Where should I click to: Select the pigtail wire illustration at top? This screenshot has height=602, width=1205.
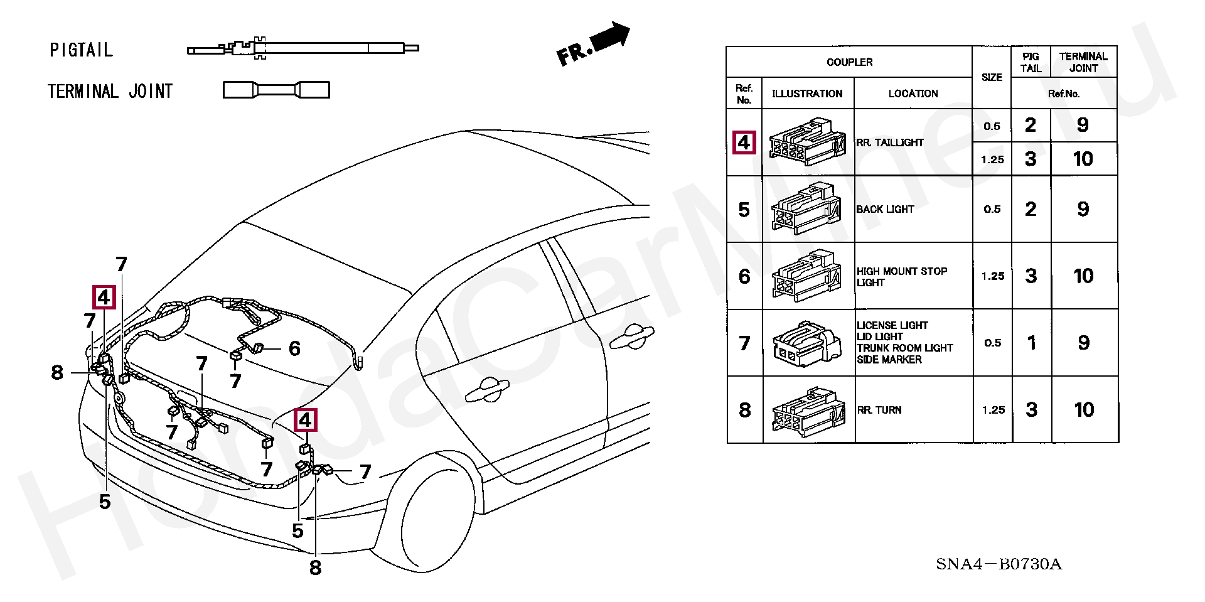(x=303, y=48)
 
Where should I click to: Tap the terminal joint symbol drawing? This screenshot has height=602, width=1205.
(x=276, y=90)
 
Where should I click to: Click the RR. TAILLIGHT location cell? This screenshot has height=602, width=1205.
(x=890, y=142)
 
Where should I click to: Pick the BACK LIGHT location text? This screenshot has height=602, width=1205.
(x=885, y=209)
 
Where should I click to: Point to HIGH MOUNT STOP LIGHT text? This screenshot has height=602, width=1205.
(x=901, y=276)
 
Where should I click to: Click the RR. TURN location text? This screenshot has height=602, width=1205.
(x=879, y=410)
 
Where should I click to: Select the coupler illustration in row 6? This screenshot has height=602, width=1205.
(x=807, y=276)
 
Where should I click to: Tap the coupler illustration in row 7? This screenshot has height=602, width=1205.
(x=807, y=343)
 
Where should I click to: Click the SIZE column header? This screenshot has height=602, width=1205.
(x=992, y=77)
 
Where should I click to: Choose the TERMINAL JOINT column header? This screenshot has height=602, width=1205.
(x=1083, y=62)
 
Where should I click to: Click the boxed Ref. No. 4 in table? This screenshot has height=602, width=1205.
(x=744, y=142)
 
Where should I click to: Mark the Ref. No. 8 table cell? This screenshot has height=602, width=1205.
(x=744, y=410)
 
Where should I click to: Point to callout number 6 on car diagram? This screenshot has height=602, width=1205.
(x=294, y=348)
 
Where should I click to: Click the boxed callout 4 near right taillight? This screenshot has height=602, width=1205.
(x=306, y=419)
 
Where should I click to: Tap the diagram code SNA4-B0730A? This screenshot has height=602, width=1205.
(x=999, y=564)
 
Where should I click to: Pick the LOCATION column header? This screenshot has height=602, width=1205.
(x=913, y=94)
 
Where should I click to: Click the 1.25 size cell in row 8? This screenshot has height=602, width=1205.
(x=993, y=410)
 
